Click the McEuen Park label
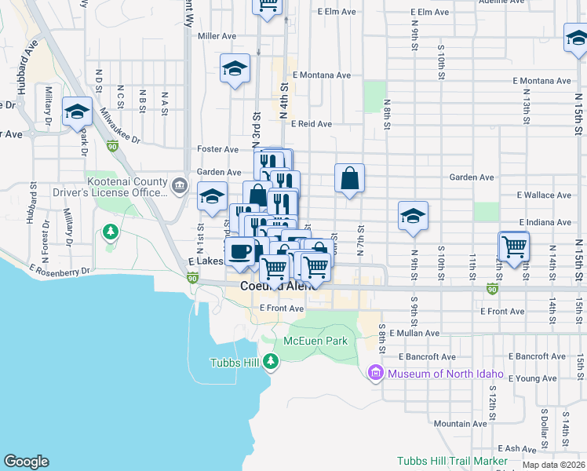315,341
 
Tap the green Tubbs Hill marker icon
271,362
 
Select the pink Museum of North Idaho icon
375,372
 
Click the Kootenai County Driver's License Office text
128,187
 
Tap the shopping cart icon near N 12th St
514,246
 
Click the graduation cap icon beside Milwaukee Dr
77,112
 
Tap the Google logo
26,462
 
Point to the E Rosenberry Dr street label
60,270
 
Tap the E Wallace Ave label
544,195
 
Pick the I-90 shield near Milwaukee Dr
112,146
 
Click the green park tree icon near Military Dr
111,232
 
